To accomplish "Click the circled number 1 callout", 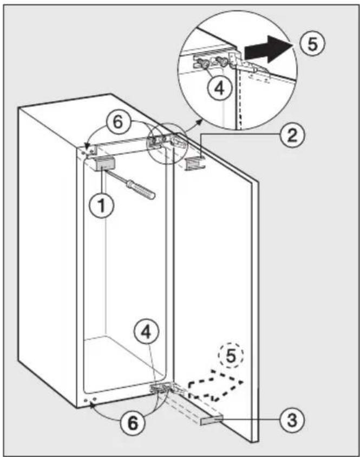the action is coord(101,206).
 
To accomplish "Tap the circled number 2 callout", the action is coord(292,136).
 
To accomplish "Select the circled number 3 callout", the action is coord(292,420).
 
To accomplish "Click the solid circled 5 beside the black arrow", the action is coord(312,44).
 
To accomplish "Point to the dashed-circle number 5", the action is coord(231,355).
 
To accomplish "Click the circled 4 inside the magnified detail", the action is coord(220,88).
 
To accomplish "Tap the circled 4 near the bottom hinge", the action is coord(147,333).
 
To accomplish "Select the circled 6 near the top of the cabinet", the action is coord(117,122).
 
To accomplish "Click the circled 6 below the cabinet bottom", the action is coord(133,423).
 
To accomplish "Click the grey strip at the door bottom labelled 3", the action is coord(211,420).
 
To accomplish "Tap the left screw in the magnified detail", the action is coord(202,63).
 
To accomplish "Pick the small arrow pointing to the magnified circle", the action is coord(194,125).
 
